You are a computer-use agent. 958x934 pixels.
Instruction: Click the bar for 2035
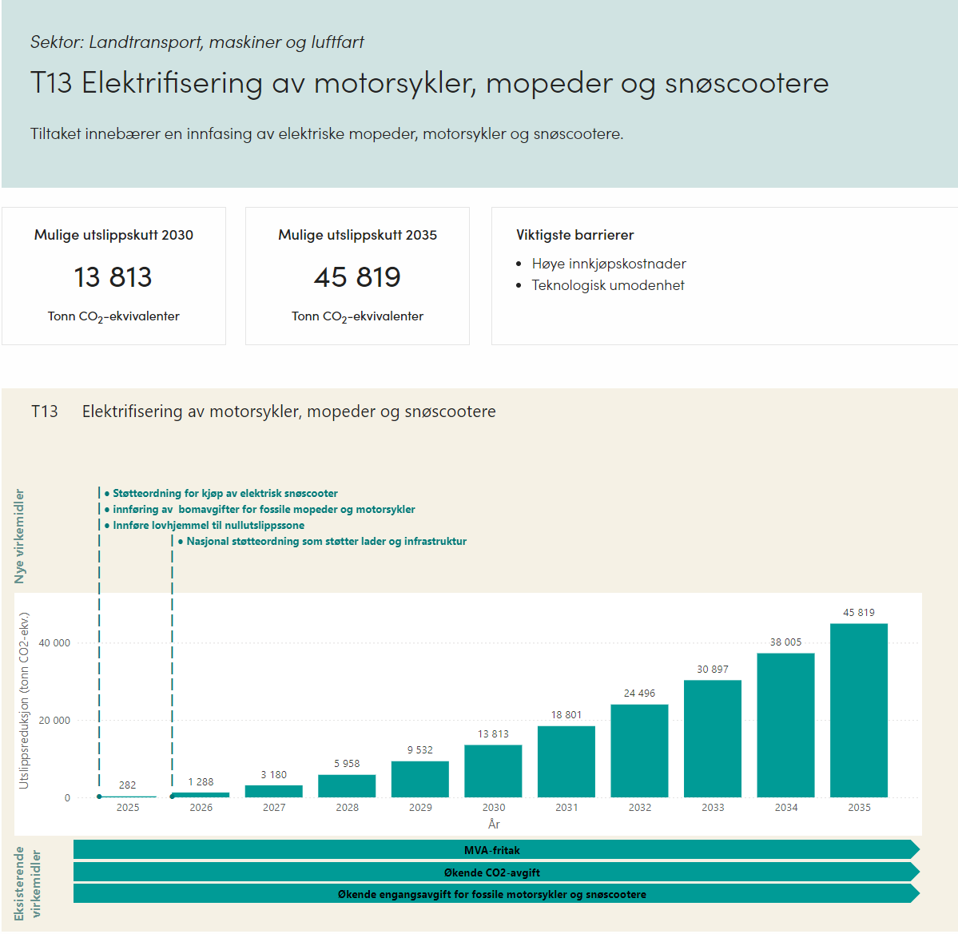(859, 710)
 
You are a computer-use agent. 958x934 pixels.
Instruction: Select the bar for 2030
(493, 771)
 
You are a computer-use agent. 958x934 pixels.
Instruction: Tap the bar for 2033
(713, 738)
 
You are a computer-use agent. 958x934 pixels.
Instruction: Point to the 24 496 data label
(639, 694)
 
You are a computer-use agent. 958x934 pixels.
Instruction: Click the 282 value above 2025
(128, 785)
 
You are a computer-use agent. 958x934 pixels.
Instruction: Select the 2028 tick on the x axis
(348, 808)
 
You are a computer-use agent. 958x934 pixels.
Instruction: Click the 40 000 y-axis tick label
(54, 643)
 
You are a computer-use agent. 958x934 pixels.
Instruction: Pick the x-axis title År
(494, 824)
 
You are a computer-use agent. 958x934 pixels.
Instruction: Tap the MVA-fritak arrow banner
(492, 850)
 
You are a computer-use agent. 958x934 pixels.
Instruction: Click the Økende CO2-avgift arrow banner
(492, 872)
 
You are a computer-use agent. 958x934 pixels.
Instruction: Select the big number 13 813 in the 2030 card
(113, 277)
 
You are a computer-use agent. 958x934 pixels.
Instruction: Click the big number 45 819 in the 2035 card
(357, 277)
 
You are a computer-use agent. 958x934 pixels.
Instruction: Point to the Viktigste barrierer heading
(574, 235)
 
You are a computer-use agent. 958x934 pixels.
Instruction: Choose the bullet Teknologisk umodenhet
(608, 285)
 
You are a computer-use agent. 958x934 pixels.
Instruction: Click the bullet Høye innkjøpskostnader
(609, 264)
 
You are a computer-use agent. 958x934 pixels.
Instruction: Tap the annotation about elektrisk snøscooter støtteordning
(225, 494)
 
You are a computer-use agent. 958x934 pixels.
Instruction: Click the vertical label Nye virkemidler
(20, 536)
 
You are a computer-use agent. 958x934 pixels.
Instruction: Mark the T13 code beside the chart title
(45, 411)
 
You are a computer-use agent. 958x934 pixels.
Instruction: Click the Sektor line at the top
(197, 42)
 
